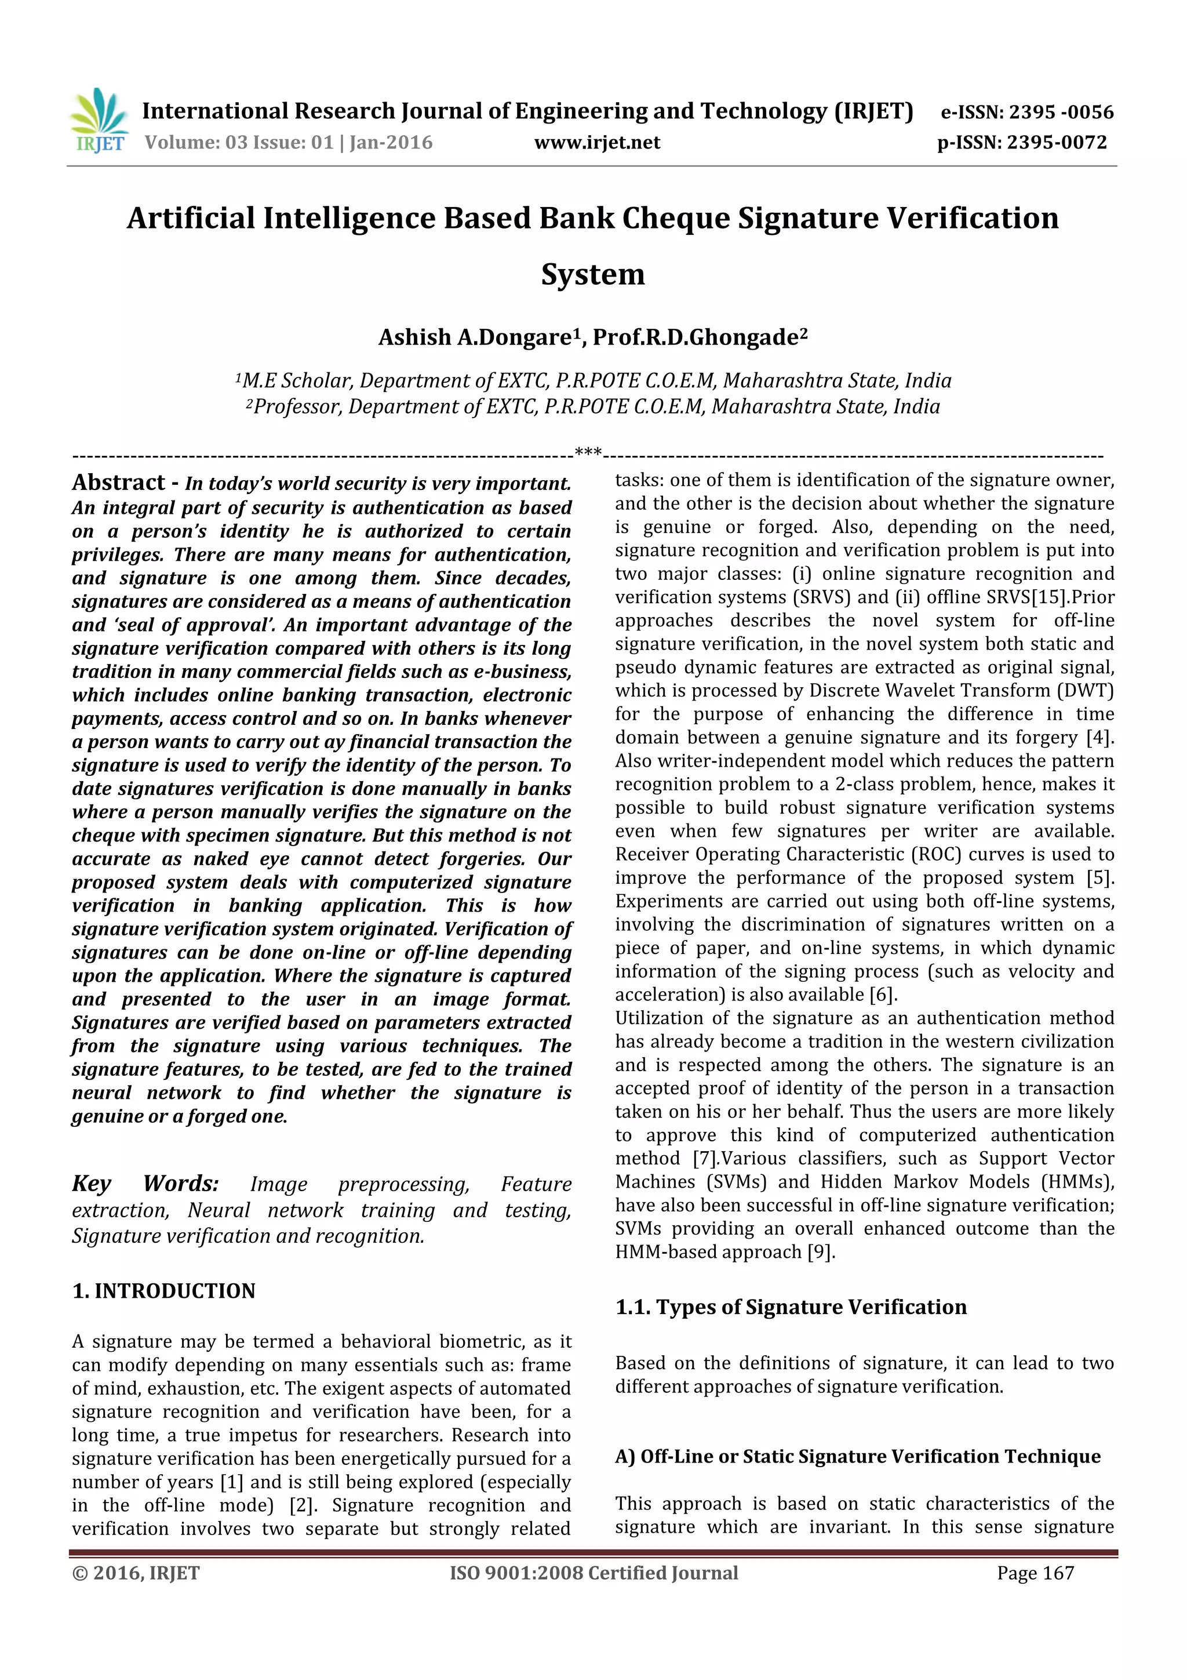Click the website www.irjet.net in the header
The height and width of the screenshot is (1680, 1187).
[597, 143]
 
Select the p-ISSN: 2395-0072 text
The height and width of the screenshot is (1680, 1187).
[1022, 143]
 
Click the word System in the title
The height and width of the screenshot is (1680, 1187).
[592, 275]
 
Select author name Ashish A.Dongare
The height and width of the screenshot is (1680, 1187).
[474, 338]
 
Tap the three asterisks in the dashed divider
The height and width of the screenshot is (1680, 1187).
[588, 452]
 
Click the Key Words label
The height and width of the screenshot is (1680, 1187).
[145, 1183]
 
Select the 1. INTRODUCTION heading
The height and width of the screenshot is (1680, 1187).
[164, 1291]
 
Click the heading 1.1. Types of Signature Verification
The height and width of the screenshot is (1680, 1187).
[791, 1307]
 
